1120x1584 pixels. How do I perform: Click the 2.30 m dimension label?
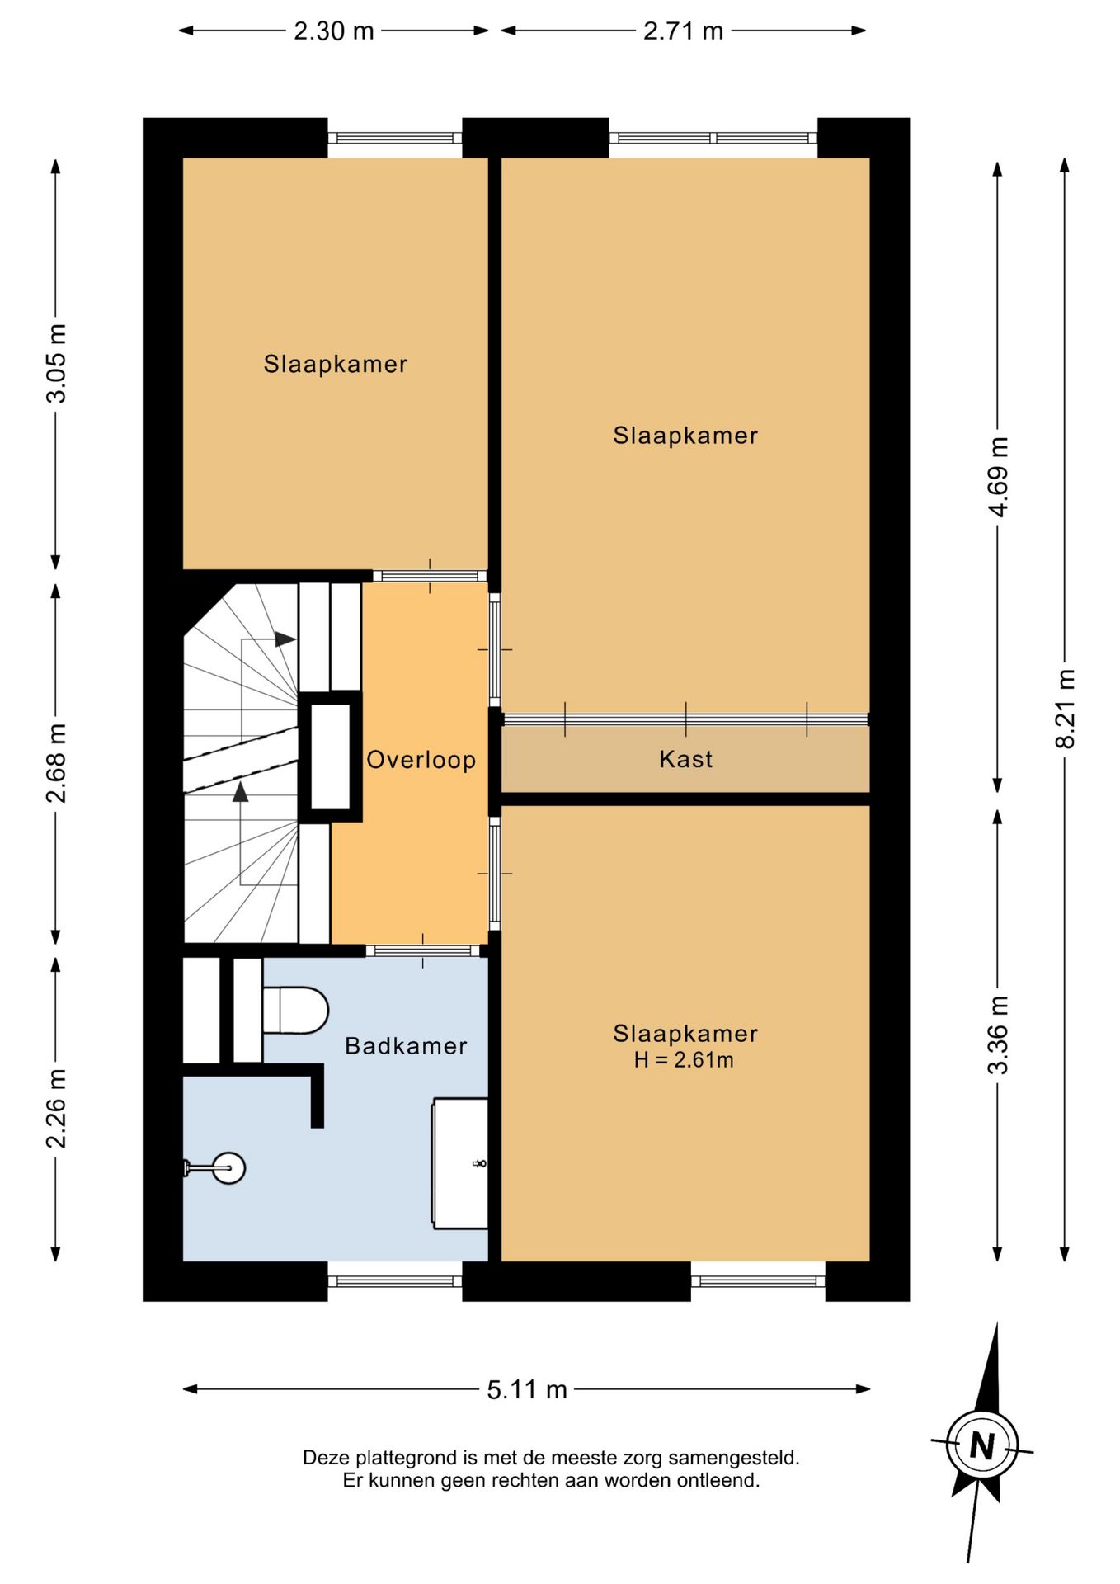(x=334, y=31)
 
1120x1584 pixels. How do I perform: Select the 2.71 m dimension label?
(x=683, y=31)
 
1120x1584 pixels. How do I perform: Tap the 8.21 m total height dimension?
(x=1065, y=709)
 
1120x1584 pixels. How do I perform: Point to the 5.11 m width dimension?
(x=527, y=1390)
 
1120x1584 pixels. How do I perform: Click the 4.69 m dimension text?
(x=998, y=477)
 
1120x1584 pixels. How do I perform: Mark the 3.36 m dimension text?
(x=998, y=1035)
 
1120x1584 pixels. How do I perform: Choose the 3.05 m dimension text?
(x=56, y=363)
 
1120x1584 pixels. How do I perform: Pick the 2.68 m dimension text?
(x=56, y=763)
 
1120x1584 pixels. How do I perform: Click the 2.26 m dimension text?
(x=56, y=1108)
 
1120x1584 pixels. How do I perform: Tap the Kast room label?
(x=685, y=759)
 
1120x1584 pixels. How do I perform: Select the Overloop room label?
(x=421, y=760)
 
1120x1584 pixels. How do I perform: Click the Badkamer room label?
(x=406, y=1046)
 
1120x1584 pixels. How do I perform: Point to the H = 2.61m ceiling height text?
(x=684, y=1060)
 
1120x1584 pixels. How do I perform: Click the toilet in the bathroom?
(x=295, y=1011)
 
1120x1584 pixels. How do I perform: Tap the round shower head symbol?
(x=228, y=1167)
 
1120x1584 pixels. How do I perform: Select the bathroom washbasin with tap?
(x=460, y=1163)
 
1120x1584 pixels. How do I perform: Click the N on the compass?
(x=981, y=1445)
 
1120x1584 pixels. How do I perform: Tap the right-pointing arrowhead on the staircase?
(x=285, y=639)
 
